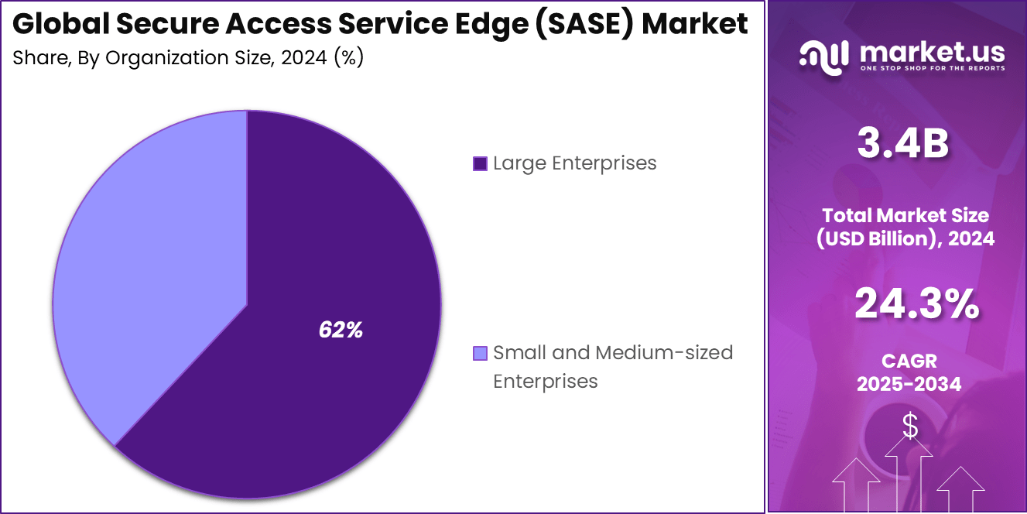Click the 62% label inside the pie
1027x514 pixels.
click(x=341, y=330)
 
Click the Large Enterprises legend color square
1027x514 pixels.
click(x=480, y=164)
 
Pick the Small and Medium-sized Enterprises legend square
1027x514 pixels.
click(x=480, y=354)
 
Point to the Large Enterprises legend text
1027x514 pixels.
click(x=574, y=163)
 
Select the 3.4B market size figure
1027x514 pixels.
click(x=902, y=145)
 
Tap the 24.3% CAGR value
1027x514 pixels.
click(x=916, y=304)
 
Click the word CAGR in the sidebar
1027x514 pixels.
click(x=909, y=361)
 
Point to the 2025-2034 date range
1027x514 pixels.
click(x=909, y=383)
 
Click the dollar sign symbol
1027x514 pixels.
click(x=910, y=426)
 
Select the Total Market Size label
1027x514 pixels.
click(x=905, y=216)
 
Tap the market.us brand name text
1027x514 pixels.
click(x=932, y=53)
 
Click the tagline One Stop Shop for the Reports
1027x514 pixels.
click(x=932, y=69)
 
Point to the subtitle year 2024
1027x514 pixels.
click(x=304, y=58)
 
